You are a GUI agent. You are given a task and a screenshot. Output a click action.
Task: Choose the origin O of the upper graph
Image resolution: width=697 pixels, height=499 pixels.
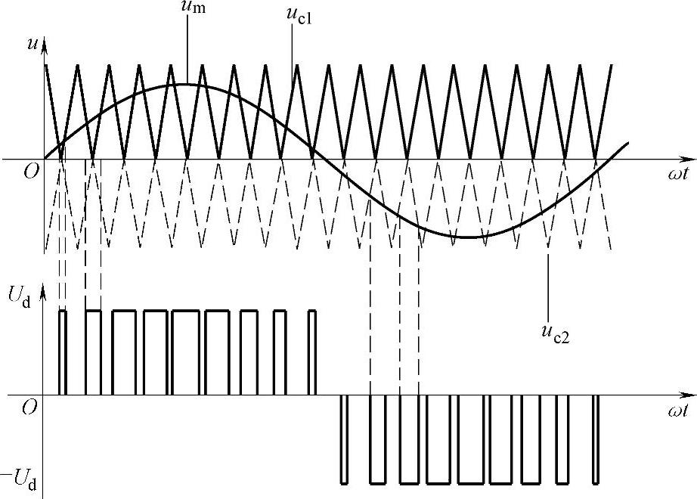click(x=30, y=171)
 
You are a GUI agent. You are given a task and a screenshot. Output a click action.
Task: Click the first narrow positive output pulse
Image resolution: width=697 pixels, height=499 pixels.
click(x=63, y=352)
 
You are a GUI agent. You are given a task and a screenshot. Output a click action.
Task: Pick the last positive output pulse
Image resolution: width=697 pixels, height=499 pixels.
click(x=312, y=352)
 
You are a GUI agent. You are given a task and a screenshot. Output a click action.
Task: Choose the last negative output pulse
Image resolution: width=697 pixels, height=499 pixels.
click(x=596, y=439)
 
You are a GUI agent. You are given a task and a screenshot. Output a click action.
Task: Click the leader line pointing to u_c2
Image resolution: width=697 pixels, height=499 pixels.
click(x=547, y=280)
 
